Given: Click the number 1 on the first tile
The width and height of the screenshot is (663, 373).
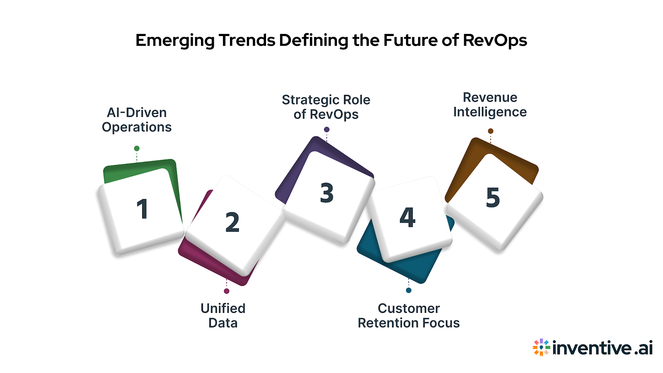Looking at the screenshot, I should pyautogui.click(x=142, y=209).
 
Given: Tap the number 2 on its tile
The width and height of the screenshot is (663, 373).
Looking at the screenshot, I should pyautogui.click(x=232, y=222).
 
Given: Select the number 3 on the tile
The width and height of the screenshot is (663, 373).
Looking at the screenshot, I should pyautogui.click(x=327, y=193).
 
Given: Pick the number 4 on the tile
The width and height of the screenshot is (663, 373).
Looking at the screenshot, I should pyautogui.click(x=407, y=218).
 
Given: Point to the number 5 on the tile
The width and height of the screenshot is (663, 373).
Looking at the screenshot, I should pyautogui.click(x=493, y=197).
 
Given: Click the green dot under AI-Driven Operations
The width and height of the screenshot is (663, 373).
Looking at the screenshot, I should pyautogui.click(x=137, y=148).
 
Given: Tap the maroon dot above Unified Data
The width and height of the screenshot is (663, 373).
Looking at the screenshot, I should pyautogui.click(x=226, y=291).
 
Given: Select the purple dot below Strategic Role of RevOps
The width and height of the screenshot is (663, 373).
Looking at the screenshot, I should pyautogui.click(x=327, y=130).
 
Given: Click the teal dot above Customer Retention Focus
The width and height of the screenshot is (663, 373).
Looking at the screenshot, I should pyautogui.click(x=409, y=290).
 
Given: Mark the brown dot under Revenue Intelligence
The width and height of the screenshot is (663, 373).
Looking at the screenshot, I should pyautogui.click(x=491, y=131).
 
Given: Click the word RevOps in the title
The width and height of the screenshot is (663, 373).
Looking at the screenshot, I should pyautogui.click(x=495, y=41).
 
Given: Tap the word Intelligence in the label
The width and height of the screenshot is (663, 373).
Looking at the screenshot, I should pyautogui.click(x=490, y=112).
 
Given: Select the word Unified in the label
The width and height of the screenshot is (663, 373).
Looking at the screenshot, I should pyautogui.click(x=223, y=308).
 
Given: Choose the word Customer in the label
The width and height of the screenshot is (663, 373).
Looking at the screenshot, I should pyautogui.click(x=409, y=308).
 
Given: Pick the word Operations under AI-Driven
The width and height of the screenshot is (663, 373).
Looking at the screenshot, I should pyautogui.click(x=137, y=127).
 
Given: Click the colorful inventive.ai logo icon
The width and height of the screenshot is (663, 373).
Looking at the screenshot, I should pyautogui.click(x=541, y=347).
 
